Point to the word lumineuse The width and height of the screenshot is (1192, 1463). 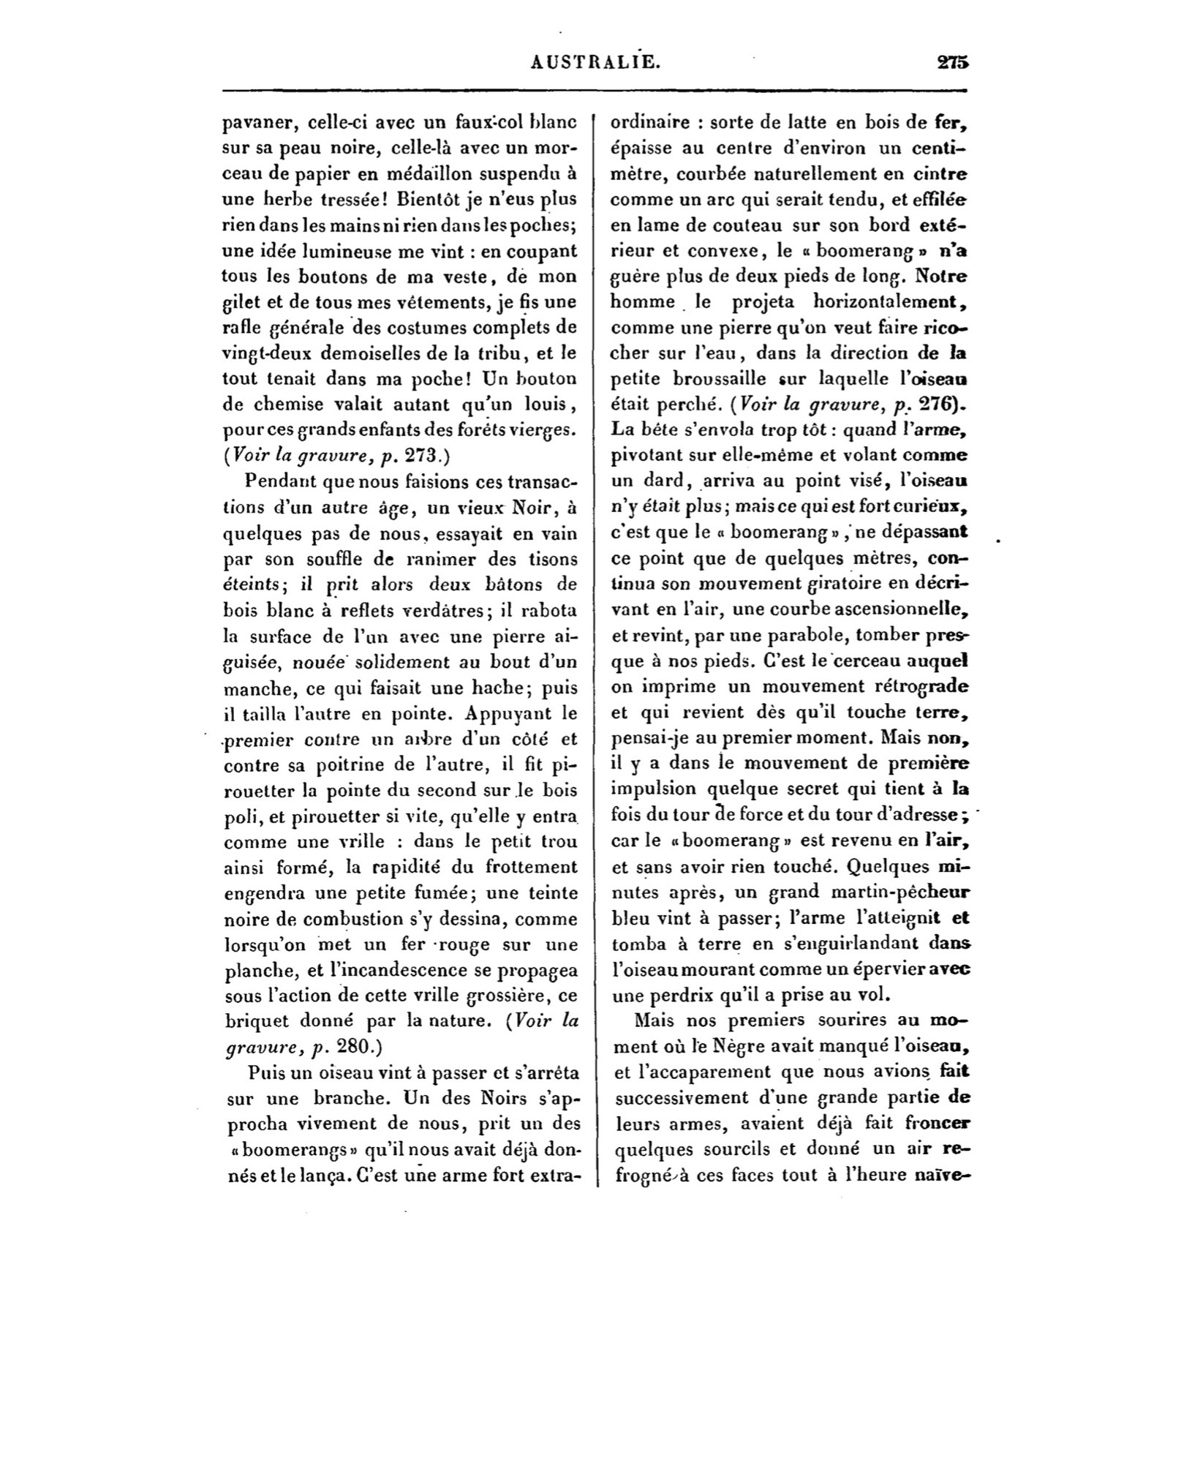tap(344, 251)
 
